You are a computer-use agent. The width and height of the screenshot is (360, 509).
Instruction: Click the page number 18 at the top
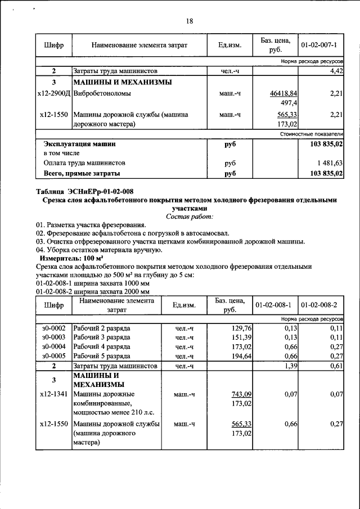tap(189, 21)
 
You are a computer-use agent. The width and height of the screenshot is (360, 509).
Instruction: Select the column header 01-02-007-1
tap(319, 44)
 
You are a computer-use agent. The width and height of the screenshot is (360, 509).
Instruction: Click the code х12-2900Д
tap(53, 93)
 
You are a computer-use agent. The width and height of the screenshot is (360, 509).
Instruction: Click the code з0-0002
tap(53, 328)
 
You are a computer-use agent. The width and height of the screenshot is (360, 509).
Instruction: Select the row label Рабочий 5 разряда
tap(102, 356)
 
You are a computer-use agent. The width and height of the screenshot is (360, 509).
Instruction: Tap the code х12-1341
tap(53, 394)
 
